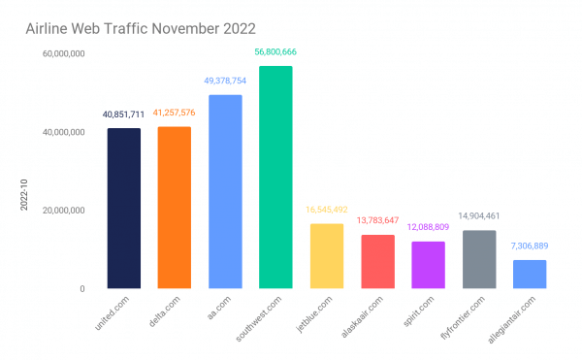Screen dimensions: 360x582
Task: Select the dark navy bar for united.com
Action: [123, 209]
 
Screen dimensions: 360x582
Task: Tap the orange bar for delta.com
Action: [174, 208]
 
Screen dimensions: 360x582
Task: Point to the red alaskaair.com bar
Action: [377, 262]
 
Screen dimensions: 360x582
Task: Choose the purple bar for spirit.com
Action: [428, 265]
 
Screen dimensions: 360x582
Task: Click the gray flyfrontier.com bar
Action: [478, 259]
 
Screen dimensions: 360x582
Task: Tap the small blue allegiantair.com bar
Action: [529, 275]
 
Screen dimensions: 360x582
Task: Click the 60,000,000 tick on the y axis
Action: [62, 54]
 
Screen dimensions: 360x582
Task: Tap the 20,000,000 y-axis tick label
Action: [62, 211]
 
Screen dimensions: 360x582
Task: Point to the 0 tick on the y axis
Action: [82, 289]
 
